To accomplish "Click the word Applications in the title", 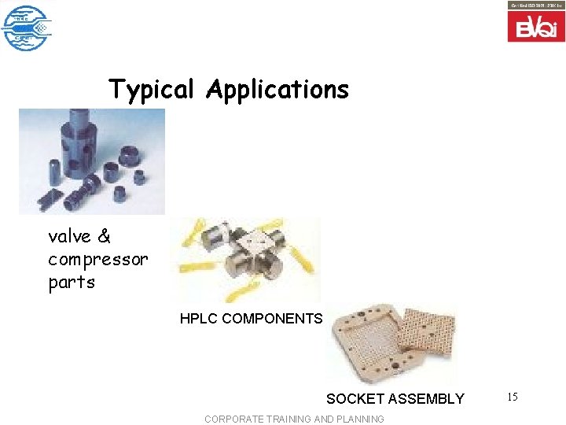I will [277, 90].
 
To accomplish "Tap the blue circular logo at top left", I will [25, 28].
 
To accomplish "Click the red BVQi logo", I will [536, 28].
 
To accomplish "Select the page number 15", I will [512, 397].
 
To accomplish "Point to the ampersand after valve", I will [105, 236].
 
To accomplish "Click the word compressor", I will [97, 259].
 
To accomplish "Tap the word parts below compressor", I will [72, 282].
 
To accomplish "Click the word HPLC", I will [199, 319].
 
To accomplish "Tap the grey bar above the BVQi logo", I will [536, 6].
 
